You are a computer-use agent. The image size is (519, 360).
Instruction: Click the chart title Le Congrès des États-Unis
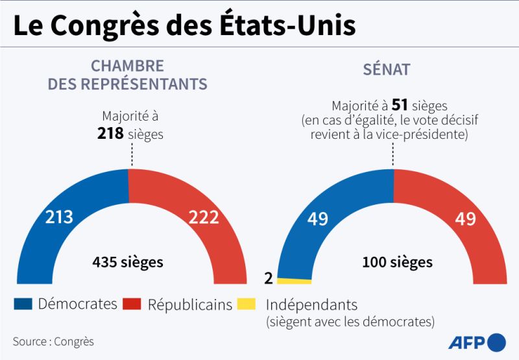[x=184, y=27]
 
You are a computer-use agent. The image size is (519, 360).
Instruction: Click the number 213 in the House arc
[x=59, y=217]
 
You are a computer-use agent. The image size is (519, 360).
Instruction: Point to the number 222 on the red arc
[x=204, y=217]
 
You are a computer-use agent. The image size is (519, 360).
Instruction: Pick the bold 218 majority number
[x=110, y=133]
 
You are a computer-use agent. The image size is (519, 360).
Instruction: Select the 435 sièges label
[x=128, y=263]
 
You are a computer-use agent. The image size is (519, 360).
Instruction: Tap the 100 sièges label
[x=398, y=263]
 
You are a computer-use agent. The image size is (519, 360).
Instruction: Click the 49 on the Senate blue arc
[x=317, y=219]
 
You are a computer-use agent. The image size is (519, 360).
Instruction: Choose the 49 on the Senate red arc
[x=465, y=219]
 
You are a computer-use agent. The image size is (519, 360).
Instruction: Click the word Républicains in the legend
[x=189, y=304]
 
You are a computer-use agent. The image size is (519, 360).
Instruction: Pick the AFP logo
[x=476, y=342]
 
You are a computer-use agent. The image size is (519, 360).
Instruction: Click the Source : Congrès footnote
[x=53, y=341]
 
